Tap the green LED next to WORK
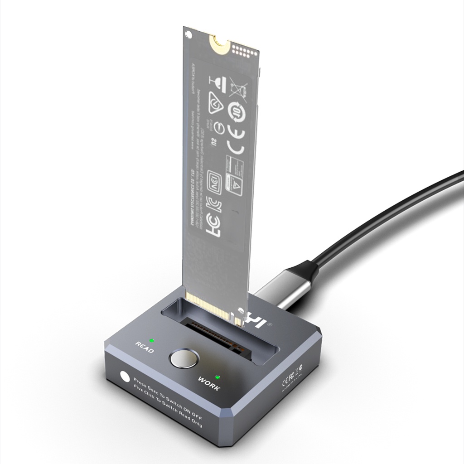pos(217,377)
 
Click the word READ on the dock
pos(145,348)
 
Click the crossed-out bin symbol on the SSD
pos(239,87)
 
